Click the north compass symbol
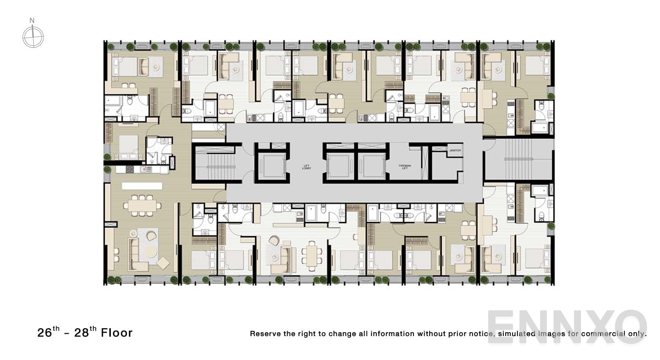pos(33,37)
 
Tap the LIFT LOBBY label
pos(307,167)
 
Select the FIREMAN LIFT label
pos(405,167)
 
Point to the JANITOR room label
pos(454,150)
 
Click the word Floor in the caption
pos(117,333)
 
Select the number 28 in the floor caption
pos(82,333)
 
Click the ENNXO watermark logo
pos(567,327)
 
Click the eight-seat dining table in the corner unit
pos(142,205)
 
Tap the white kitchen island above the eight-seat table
pos(142,186)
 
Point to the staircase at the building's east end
pos(519,159)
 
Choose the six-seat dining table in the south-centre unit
pos(312,255)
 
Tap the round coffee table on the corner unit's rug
pos(150,251)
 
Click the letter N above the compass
pos(32,20)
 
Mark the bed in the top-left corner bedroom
pos(128,66)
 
